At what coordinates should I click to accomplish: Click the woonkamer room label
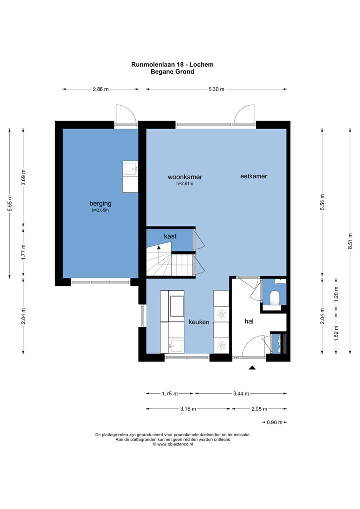pos(185,177)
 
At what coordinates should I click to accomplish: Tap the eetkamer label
pos(254,176)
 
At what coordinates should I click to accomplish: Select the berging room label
pos(100,204)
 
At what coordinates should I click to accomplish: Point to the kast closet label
pos(170,236)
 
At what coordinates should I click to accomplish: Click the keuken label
pos(199,322)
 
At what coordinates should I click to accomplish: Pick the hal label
pos(249,321)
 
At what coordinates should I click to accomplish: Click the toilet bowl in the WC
pos(274,297)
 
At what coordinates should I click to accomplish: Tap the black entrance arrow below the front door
pos(252,368)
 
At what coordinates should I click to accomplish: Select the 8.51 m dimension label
pos(350,241)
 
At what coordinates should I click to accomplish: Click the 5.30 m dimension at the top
pos(216,89)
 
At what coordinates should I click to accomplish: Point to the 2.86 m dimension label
pos(101,89)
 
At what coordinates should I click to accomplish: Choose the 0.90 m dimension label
pos(275,422)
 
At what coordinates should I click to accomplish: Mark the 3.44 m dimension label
pos(241,394)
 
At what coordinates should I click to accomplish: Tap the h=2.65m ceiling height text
pos(100,210)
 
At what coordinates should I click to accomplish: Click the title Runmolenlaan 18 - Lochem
pos(172,64)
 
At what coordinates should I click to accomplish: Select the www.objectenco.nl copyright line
pos(173,444)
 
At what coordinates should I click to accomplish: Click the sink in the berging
pos(130,169)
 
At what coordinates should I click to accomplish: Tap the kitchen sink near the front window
pos(176,346)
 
